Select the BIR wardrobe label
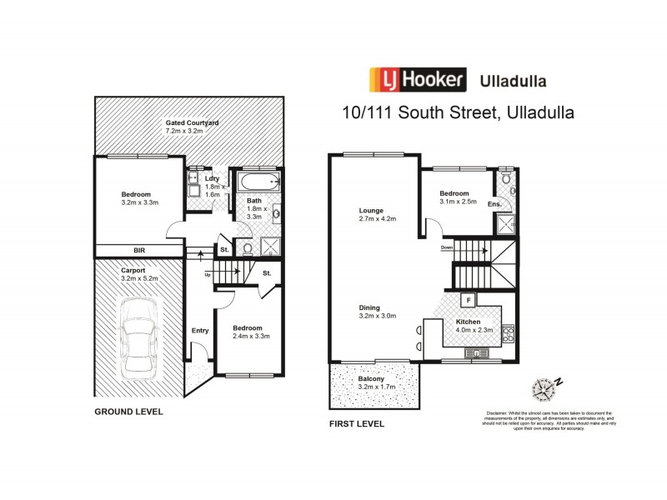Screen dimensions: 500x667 click(x=138, y=251)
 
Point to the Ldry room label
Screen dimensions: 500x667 click(x=212, y=178)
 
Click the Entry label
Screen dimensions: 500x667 click(x=200, y=331)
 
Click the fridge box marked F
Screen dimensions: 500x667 click(x=470, y=300)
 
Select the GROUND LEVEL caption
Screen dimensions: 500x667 click(x=128, y=412)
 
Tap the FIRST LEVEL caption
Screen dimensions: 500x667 click(x=357, y=423)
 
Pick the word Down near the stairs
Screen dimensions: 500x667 click(x=448, y=247)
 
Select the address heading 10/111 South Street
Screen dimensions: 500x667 click(x=456, y=111)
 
